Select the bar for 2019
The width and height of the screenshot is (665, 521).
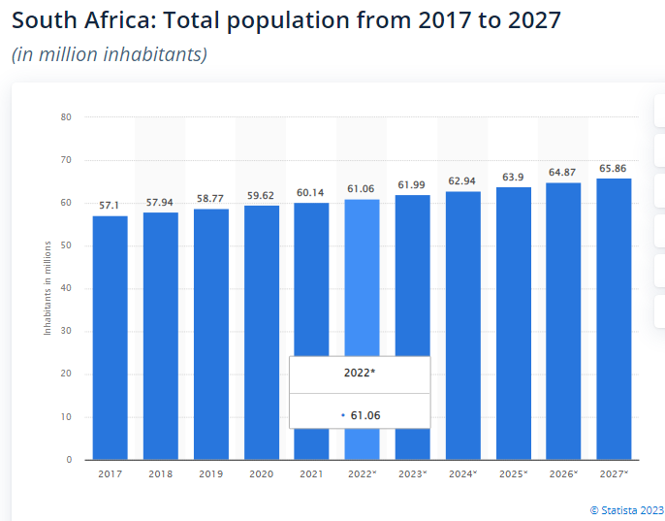tap(211, 334)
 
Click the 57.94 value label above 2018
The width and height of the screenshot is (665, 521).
tap(160, 202)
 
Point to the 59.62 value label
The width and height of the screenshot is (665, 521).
tap(261, 195)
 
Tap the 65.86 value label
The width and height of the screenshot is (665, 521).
tap(613, 168)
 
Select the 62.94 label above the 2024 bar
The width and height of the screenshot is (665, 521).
tap(462, 180)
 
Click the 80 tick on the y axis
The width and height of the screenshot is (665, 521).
tap(66, 117)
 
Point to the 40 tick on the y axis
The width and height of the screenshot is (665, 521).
tap(66, 288)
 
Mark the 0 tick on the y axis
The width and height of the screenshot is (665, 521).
tap(69, 460)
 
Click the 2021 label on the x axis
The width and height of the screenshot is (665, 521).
tap(311, 474)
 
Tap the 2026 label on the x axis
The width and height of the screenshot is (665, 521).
tap(562, 474)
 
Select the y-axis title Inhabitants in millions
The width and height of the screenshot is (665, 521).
tap(47, 288)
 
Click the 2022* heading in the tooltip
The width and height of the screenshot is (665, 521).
tap(360, 373)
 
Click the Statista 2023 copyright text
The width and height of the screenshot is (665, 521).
tap(626, 509)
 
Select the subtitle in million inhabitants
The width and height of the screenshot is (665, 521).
tap(109, 54)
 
